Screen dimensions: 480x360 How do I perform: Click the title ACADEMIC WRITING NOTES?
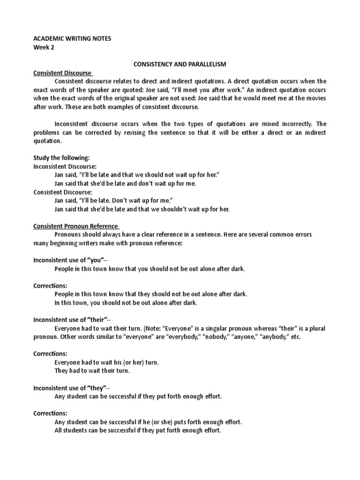pos(72,38)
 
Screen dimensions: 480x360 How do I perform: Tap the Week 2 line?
pos(45,47)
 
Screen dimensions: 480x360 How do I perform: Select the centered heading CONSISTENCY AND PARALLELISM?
pos(180,64)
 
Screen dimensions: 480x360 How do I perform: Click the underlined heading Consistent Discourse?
pos(63,73)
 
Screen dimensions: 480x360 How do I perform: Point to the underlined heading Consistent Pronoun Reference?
pos(75,226)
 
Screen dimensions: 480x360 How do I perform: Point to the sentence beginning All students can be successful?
pos(137,430)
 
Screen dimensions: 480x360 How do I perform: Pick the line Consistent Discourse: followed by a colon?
pos(63,192)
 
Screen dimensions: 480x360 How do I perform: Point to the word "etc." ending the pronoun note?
pos(295,337)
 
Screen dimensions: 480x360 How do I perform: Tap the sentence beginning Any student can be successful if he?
pos(148,422)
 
